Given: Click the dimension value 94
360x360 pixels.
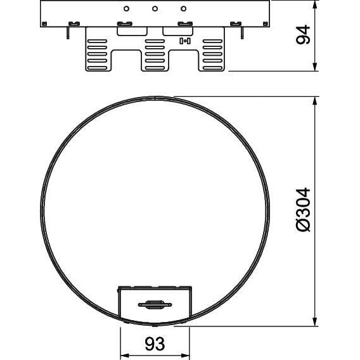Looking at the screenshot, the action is point(303,34).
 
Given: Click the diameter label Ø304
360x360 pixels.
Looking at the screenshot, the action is point(303,210).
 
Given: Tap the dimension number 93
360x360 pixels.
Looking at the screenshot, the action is point(155,344).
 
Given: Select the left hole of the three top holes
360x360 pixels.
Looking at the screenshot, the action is point(126,9).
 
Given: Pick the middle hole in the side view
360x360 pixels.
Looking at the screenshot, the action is point(155,9).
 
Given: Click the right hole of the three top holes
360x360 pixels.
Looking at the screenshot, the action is point(183,9).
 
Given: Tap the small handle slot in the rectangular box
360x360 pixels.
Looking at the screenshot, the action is point(155,305).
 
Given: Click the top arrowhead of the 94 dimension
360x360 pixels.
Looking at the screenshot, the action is point(316,4).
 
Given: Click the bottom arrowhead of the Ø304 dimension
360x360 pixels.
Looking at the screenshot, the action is point(316,321).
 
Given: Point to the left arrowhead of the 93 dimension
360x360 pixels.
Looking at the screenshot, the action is point(125,356).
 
